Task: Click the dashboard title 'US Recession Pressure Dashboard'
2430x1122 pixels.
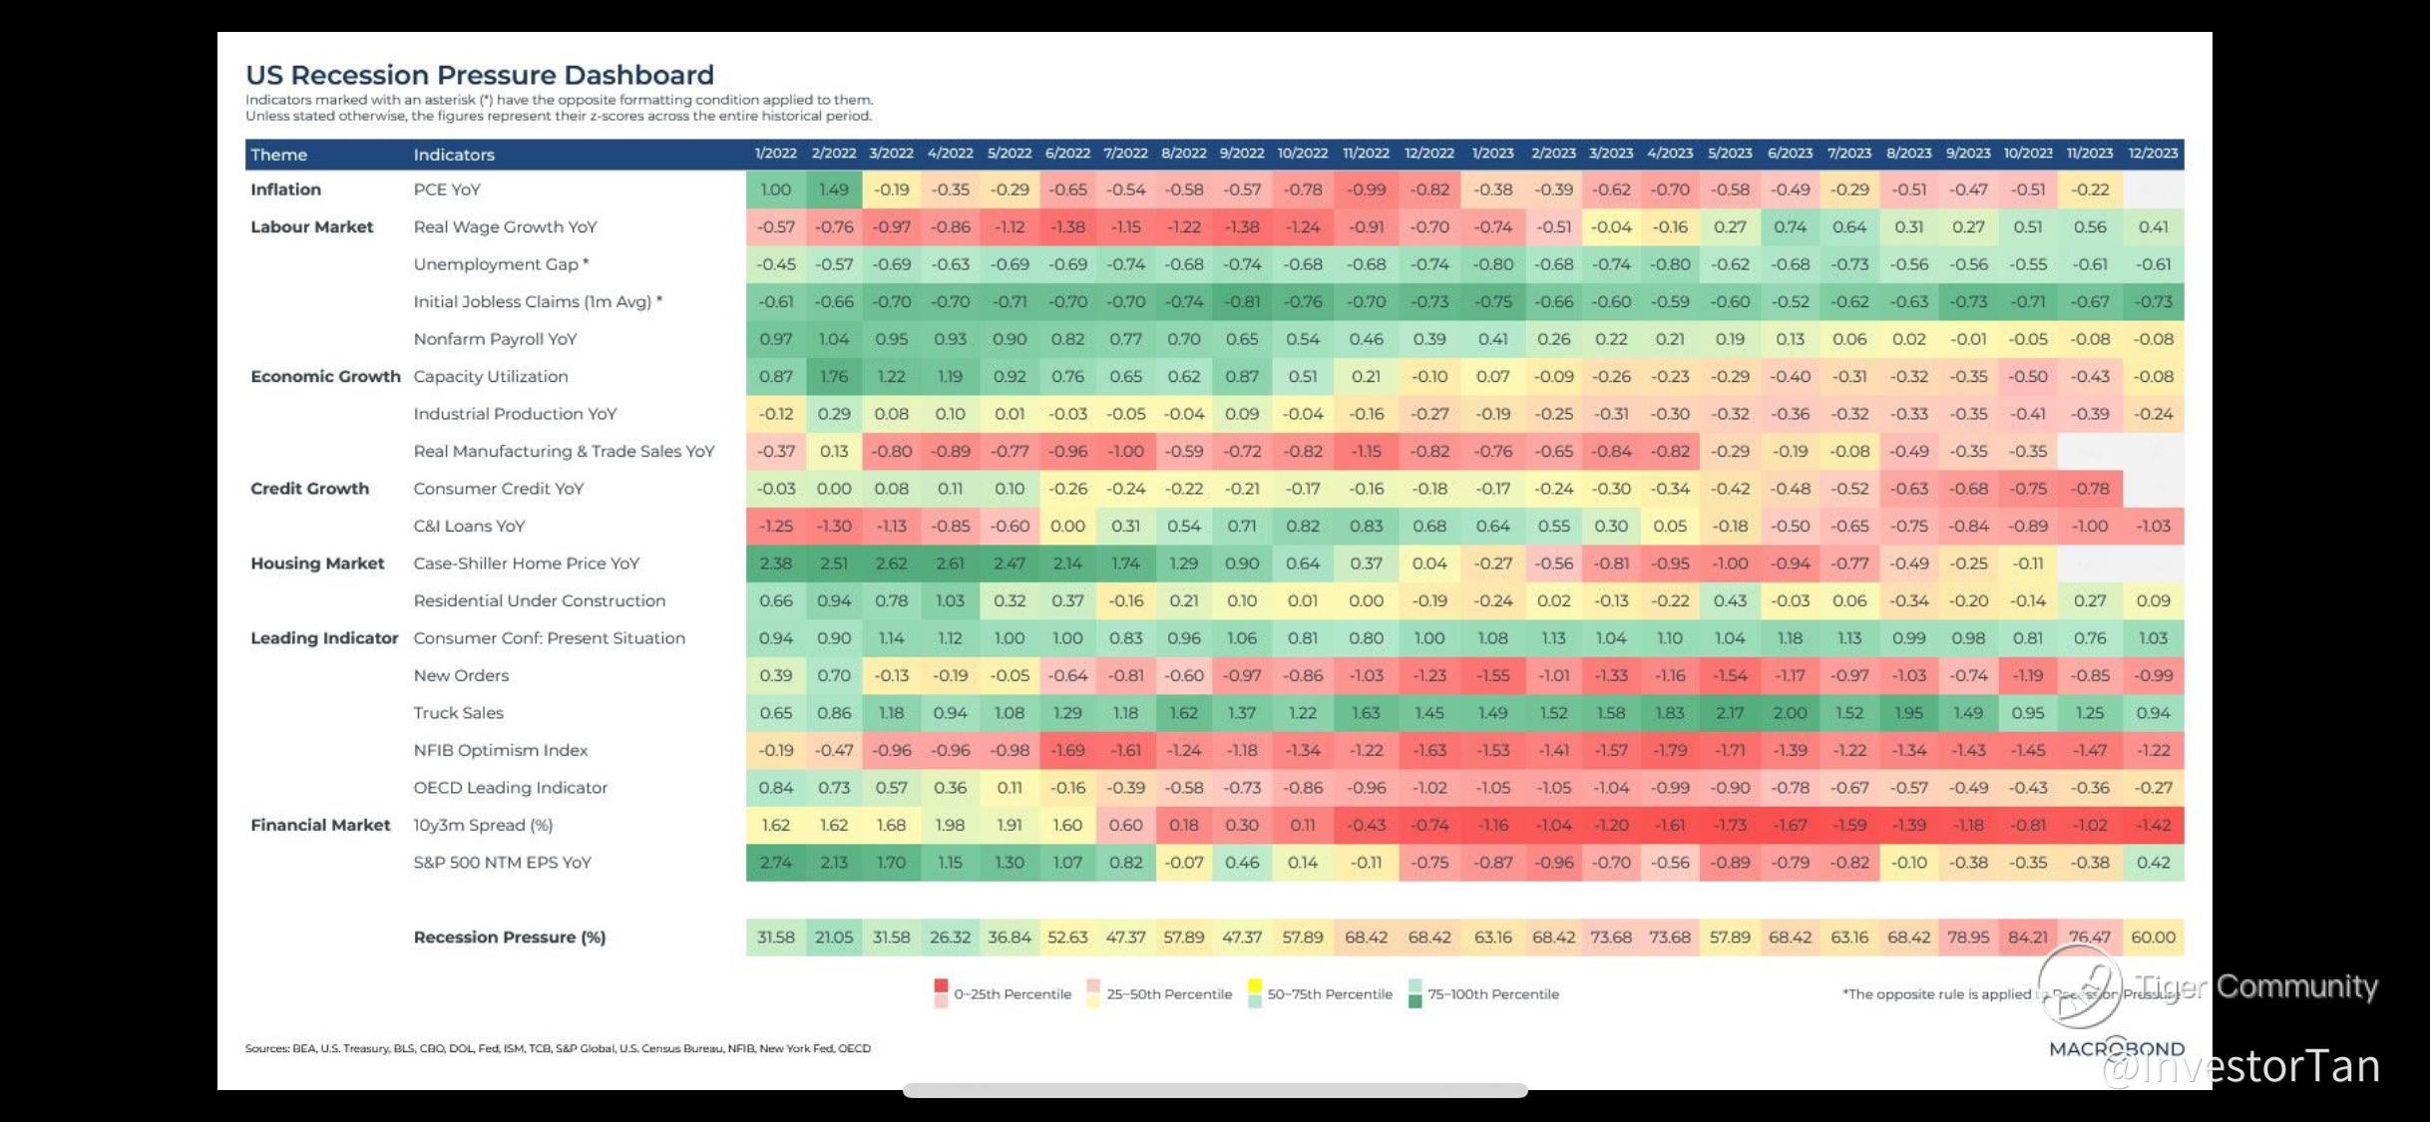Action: pyautogui.click(x=480, y=75)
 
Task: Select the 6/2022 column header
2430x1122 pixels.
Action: pyautogui.click(x=1067, y=154)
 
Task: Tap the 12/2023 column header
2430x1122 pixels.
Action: pyautogui.click(x=2153, y=154)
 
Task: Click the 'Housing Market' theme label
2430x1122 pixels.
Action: pyautogui.click(x=317, y=563)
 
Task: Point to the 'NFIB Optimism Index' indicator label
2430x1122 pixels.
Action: pyautogui.click(x=501, y=750)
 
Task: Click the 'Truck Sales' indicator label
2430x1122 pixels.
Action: pyautogui.click(x=459, y=713)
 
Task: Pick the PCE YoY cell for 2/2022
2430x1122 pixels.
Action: pyautogui.click(x=834, y=189)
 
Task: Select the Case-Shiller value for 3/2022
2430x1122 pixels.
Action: pyautogui.click(x=891, y=563)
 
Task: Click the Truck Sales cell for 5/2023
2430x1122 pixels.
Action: pyautogui.click(x=1730, y=713)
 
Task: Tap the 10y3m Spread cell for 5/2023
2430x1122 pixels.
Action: pyautogui.click(x=1730, y=825)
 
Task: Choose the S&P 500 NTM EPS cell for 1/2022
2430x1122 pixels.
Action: pyautogui.click(x=775, y=863)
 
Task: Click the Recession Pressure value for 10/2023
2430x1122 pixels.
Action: pyautogui.click(x=2028, y=937)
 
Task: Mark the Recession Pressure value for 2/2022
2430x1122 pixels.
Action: pyautogui.click(x=834, y=937)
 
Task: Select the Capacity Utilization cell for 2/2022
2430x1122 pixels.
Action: pyautogui.click(x=834, y=376)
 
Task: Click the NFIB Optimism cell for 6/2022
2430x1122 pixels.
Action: pyautogui.click(x=1067, y=750)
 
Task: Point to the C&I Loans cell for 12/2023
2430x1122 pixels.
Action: pyautogui.click(x=2153, y=526)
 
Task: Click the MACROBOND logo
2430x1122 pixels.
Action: pyautogui.click(x=2116, y=1049)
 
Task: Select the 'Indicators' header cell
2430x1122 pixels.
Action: pyautogui.click(x=454, y=155)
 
